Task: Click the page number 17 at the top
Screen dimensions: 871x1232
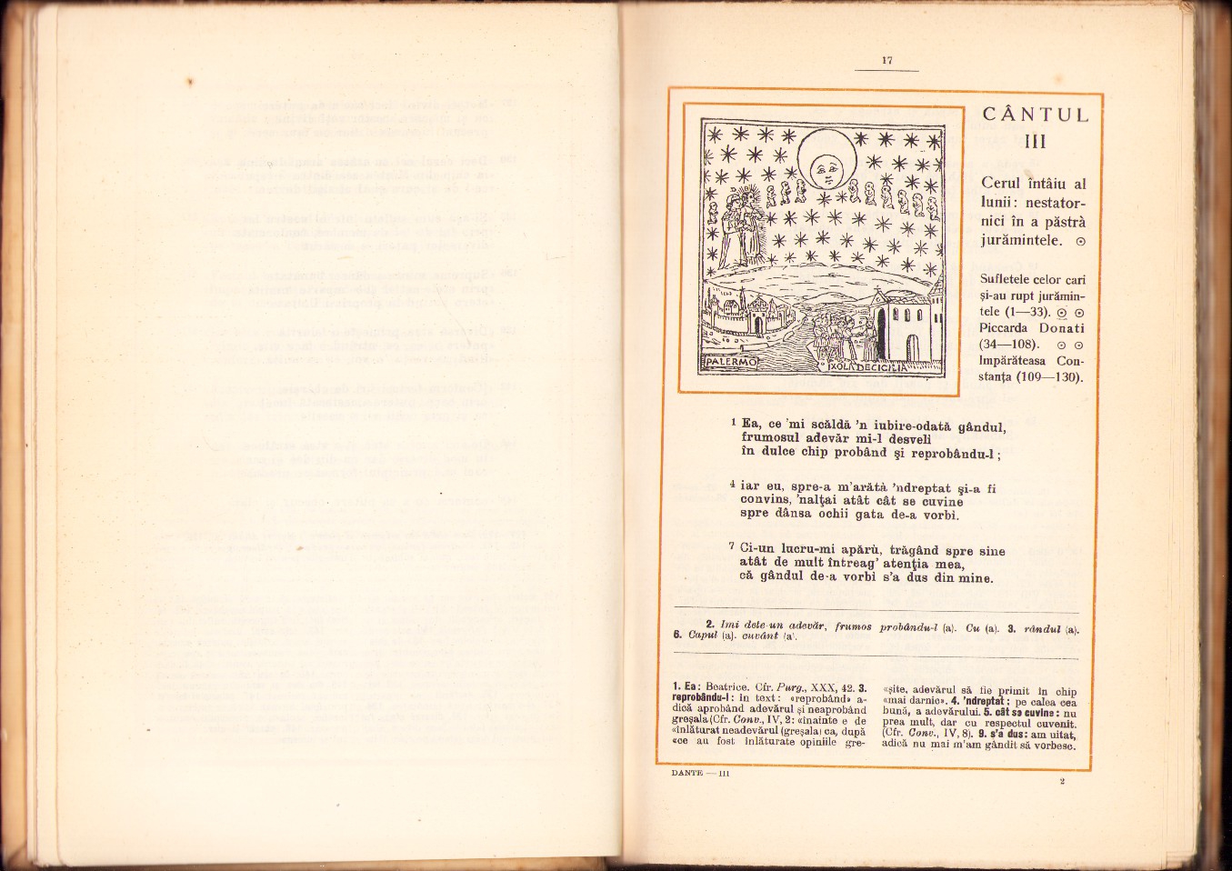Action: (x=887, y=61)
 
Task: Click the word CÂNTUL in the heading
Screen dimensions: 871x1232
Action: (x=1036, y=115)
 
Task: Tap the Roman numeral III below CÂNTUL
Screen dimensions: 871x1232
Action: (x=1035, y=142)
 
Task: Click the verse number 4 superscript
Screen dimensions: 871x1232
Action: (x=733, y=484)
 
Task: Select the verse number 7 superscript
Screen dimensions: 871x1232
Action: (x=733, y=546)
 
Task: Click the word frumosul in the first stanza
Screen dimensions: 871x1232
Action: (x=772, y=436)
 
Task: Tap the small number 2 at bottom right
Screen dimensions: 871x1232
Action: (x=1061, y=781)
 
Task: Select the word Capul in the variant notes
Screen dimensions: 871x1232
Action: (x=704, y=636)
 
